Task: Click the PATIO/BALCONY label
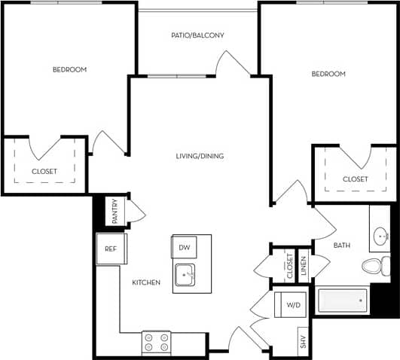(x=198, y=35)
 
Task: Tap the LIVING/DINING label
(x=200, y=157)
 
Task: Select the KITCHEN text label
(x=146, y=282)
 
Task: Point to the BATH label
(x=342, y=246)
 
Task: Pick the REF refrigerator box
(x=111, y=249)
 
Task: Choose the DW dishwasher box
(x=183, y=247)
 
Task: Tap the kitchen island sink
(x=185, y=276)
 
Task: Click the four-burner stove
(x=157, y=343)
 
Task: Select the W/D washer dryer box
(x=293, y=306)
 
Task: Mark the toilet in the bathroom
(x=373, y=266)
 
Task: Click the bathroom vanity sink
(x=380, y=237)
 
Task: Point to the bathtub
(x=343, y=301)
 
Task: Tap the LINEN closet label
(x=304, y=265)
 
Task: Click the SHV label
(x=303, y=343)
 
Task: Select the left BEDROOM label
(x=69, y=70)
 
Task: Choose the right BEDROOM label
(x=328, y=74)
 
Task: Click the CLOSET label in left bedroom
(x=44, y=172)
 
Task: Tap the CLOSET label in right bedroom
(x=355, y=179)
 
